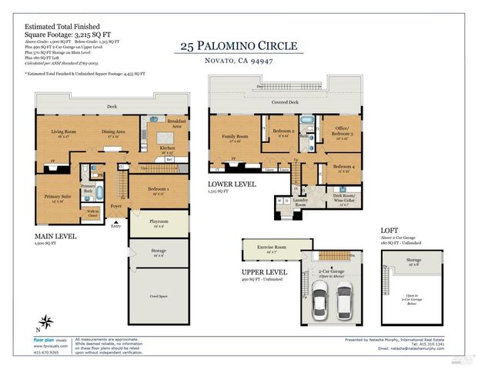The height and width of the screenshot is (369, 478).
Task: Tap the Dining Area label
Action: tap(113, 133)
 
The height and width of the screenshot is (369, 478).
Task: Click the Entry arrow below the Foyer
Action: tap(116, 225)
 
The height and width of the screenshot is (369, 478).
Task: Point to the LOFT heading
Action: tap(389, 231)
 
